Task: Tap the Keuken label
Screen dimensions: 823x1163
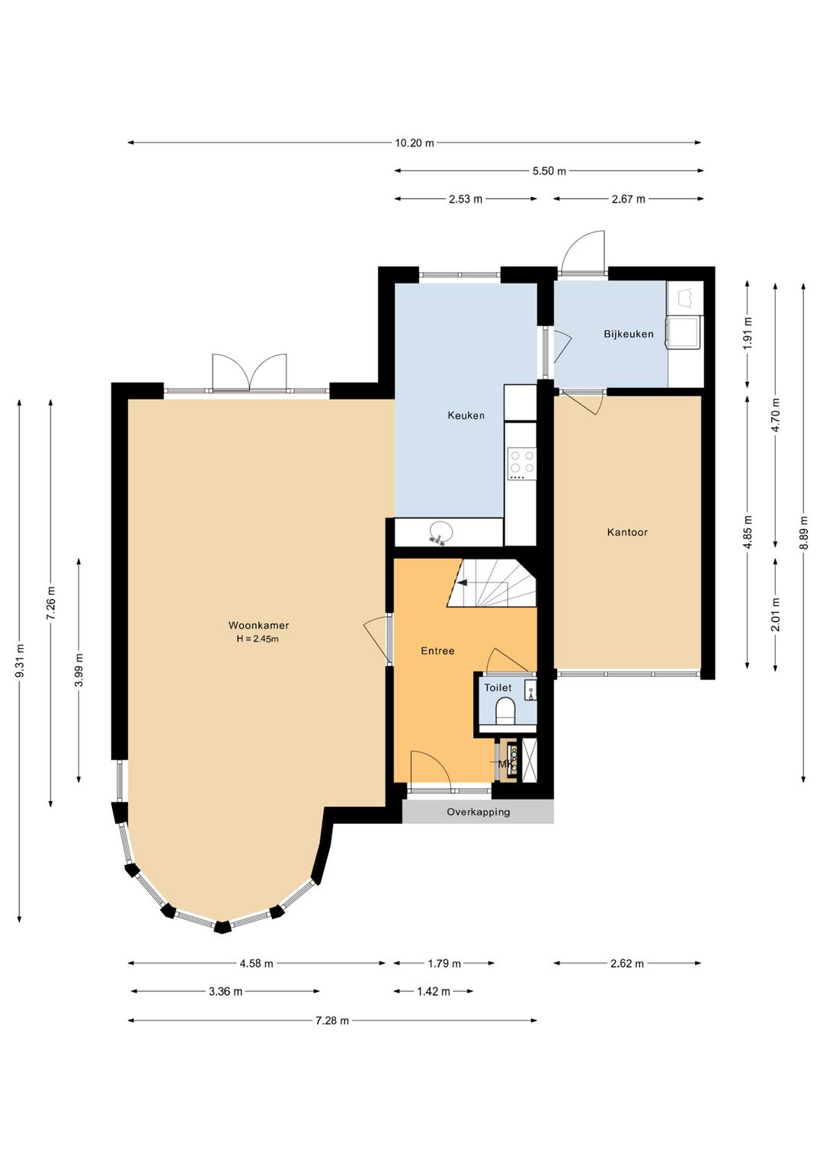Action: point(466,415)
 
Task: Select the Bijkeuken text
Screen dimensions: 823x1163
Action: point(628,334)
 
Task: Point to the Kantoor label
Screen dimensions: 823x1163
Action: point(627,532)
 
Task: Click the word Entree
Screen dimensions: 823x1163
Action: point(437,651)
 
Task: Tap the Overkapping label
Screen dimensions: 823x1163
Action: point(479,812)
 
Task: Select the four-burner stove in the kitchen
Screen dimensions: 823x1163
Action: point(522,463)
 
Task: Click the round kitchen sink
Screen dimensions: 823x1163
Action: point(440,532)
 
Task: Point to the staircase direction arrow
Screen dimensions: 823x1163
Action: point(463,582)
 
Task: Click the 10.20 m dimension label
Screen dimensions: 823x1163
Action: point(415,143)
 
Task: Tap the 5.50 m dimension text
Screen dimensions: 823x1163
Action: point(549,171)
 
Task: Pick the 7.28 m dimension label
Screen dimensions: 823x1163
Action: point(332,1020)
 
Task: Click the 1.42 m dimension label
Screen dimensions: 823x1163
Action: point(434,992)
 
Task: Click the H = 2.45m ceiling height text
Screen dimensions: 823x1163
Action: point(258,639)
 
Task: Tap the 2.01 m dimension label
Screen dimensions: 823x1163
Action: point(776,615)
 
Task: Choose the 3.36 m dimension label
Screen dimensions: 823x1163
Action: point(226,992)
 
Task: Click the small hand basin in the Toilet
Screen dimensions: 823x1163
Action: point(530,690)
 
